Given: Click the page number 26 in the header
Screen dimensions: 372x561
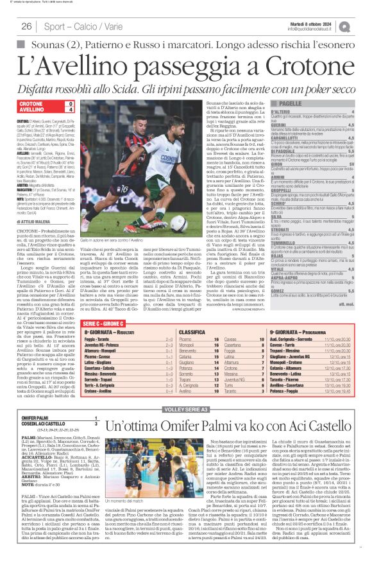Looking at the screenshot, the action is pyautogui.click(x=27, y=26).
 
